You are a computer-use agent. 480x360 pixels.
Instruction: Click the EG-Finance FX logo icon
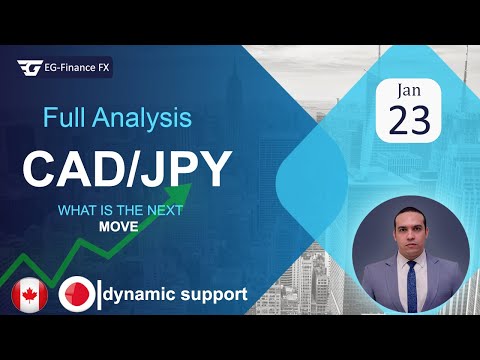pos(29,68)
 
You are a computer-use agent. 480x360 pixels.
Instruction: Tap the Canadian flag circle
pos(29,295)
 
